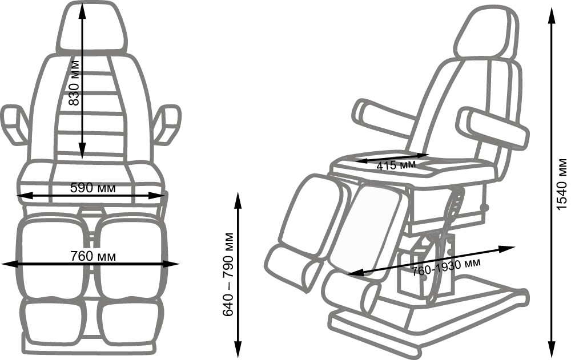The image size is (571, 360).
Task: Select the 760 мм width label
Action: coord(93,256)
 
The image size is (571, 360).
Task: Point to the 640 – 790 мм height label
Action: coord(228,274)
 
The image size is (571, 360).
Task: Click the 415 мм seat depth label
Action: coord(396,165)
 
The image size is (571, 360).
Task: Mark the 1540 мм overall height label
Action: coord(562,184)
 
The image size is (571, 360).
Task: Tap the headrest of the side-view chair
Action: coord(487,34)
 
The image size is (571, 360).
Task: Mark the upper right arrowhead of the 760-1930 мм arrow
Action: coord(506,249)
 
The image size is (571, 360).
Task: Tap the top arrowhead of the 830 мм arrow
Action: coord(82,11)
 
